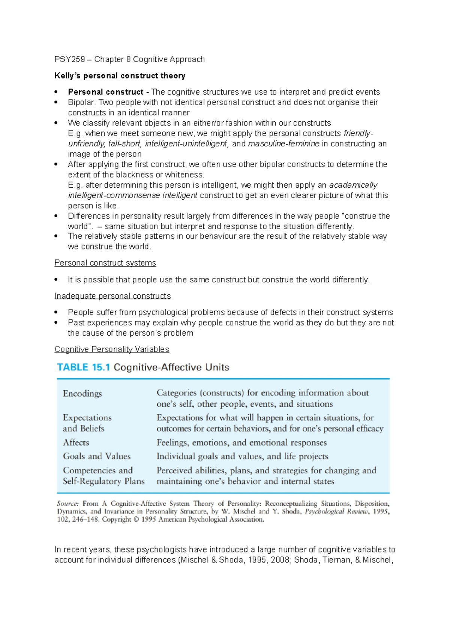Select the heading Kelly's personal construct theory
[120, 76]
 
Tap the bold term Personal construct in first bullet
[106, 92]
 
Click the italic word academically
[353, 185]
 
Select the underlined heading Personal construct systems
[105, 263]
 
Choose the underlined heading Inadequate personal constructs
[112, 296]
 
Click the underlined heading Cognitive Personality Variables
[112, 349]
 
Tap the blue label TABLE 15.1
[83, 367]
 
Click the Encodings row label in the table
[82, 394]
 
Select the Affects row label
[76, 443]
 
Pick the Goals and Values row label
[97, 456]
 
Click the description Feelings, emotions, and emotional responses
[241, 443]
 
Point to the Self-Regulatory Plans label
[103, 481]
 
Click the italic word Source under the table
[67, 504]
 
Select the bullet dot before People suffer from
[56, 312]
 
